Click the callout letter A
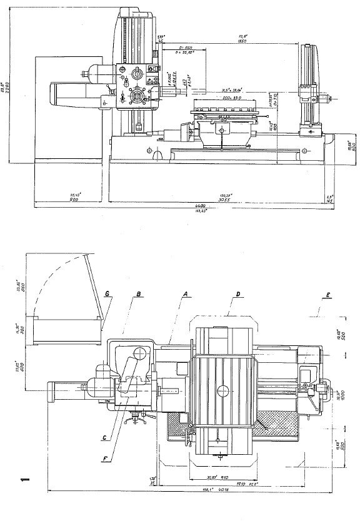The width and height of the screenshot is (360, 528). pos(185,293)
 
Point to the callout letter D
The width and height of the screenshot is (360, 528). pos(231,293)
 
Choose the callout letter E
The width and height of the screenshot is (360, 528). pos(327,293)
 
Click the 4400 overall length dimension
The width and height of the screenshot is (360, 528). pos(182,206)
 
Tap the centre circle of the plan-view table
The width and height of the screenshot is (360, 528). pos(222,390)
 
